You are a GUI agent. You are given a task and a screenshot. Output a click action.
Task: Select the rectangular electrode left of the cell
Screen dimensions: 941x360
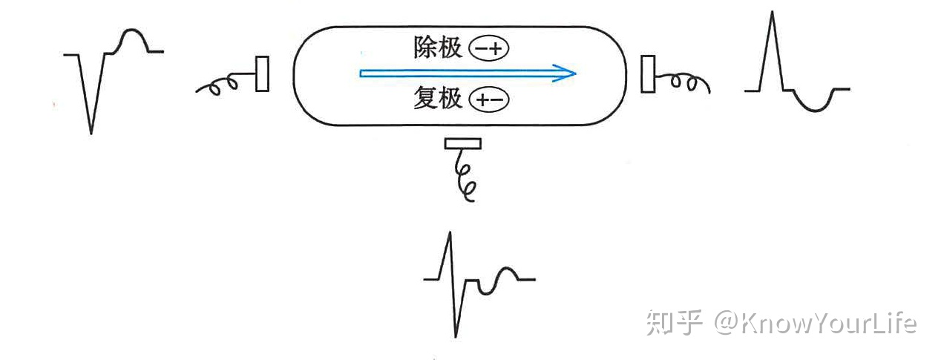262,73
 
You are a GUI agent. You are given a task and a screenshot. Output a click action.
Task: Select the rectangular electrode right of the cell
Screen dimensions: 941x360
648,73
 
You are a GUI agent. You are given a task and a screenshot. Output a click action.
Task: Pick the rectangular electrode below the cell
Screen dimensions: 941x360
462,143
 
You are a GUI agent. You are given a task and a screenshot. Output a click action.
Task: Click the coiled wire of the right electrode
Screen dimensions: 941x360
686,82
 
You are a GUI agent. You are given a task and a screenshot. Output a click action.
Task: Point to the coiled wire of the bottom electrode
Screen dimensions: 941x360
465,178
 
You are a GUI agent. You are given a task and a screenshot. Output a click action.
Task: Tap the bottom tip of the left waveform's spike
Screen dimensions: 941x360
91,133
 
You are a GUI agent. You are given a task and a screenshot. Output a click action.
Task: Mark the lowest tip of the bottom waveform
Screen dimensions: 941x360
456,336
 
